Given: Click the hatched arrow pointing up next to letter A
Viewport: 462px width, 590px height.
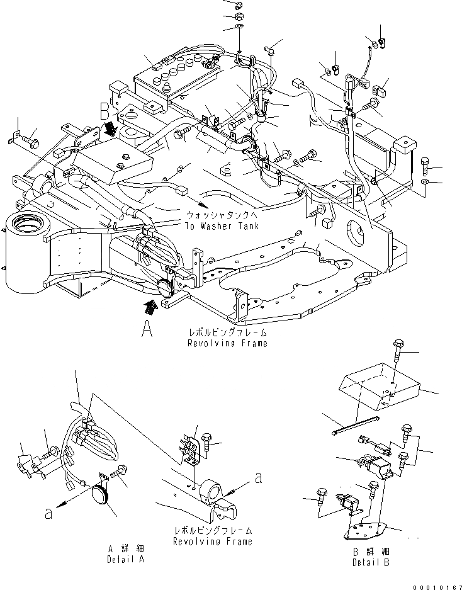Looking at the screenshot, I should [149, 308].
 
